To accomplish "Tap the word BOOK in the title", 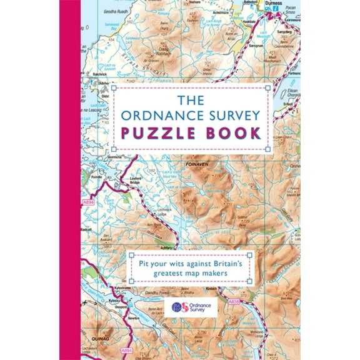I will tap(231, 132).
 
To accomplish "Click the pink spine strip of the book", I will tap(69, 180).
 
